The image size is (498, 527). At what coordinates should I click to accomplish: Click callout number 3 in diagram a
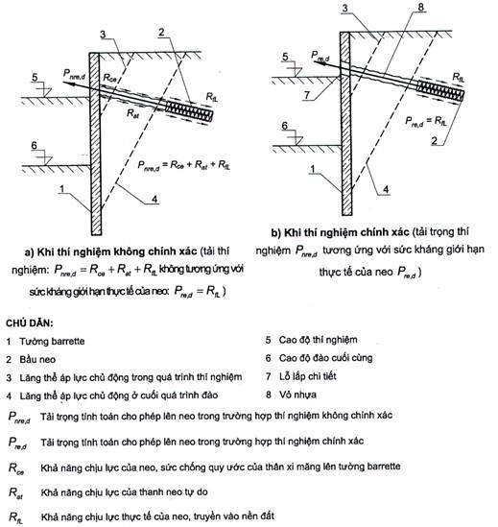pyautogui.click(x=103, y=35)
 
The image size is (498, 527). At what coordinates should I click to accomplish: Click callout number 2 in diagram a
pyautogui.click(x=161, y=33)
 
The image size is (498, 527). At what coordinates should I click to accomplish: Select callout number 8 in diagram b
pyautogui.click(x=420, y=7)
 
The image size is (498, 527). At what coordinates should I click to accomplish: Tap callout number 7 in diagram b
pyautogui.click(x=306, y=95)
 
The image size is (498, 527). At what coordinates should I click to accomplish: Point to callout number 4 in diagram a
pyautogui.click(x=154, y=199)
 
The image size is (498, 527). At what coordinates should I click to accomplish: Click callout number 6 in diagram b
pyautogui.click(x=285, y=126)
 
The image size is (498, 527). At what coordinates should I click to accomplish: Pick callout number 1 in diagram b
pyautogui.click(x=313, y=169)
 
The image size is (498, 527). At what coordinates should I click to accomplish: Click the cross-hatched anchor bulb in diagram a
pyautogui.click(x=189, y=112)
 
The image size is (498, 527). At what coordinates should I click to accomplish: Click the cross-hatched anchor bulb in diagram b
pyautogui.click(x=440, y=91)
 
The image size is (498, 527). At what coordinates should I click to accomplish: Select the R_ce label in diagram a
pyautogui.click(x=110, y=79)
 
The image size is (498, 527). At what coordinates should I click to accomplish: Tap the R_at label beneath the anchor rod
pyautogui.click(x=132, y=114)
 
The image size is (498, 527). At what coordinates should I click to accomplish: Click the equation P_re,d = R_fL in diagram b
pyautogui.click(x=426, y=121)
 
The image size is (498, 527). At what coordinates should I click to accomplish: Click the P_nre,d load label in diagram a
pyautogui.click(x=74, y=74)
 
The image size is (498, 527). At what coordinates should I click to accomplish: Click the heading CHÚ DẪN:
pyautogui.click(x=30, y=323)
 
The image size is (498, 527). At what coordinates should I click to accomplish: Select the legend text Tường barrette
pyautogui.click(x=52, y=342)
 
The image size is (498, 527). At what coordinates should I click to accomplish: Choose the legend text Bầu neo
pyautogui.click(x=37, y=360)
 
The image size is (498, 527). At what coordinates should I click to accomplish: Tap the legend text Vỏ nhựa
pyautogui.click(x=297, y=395)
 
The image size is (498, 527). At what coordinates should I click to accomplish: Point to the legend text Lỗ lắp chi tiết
pyautogui.click(x=307, y=376)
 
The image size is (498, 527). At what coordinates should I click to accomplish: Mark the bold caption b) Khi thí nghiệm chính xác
pyautogui.click(x=340, y=232)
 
